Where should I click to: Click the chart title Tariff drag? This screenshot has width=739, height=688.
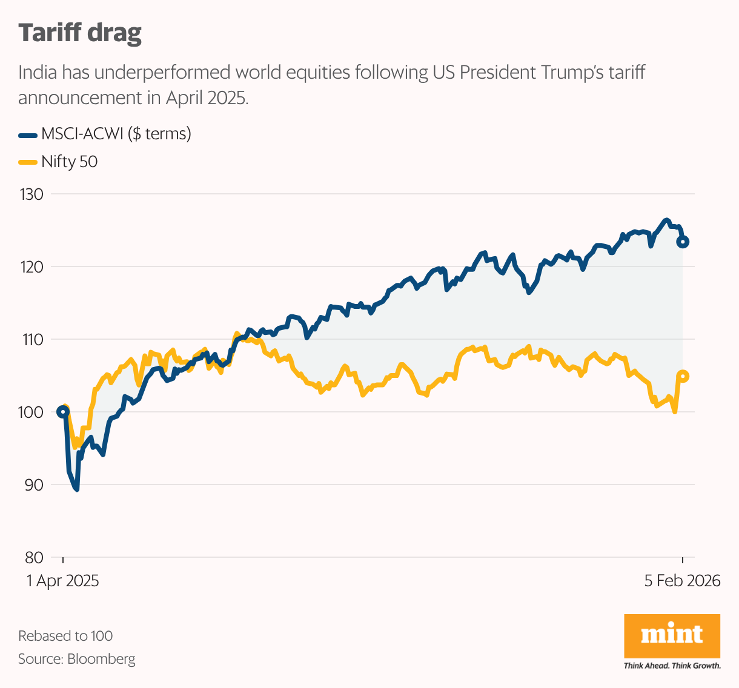click(80, 33)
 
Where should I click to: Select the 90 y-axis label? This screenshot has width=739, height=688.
click(33, 485)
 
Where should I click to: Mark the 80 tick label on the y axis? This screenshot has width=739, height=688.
click(33, 558)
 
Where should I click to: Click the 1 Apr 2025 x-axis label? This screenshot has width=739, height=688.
click(62, 581)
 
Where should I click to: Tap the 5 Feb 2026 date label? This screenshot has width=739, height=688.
click(682, 581)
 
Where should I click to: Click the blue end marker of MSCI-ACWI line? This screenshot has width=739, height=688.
click(683, 242)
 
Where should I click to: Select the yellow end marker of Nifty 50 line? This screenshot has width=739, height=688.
click(683, 376)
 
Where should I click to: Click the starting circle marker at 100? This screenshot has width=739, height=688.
click(63, 412)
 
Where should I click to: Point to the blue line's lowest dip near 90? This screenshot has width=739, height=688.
click(76, 489)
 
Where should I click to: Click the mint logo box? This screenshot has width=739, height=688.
click(672, 635)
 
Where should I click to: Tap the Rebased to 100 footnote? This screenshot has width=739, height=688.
click(65, 636)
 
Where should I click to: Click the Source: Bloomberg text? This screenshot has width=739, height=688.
click(77, 659)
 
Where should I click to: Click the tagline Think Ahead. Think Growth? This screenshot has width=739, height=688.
click(672, 666)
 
